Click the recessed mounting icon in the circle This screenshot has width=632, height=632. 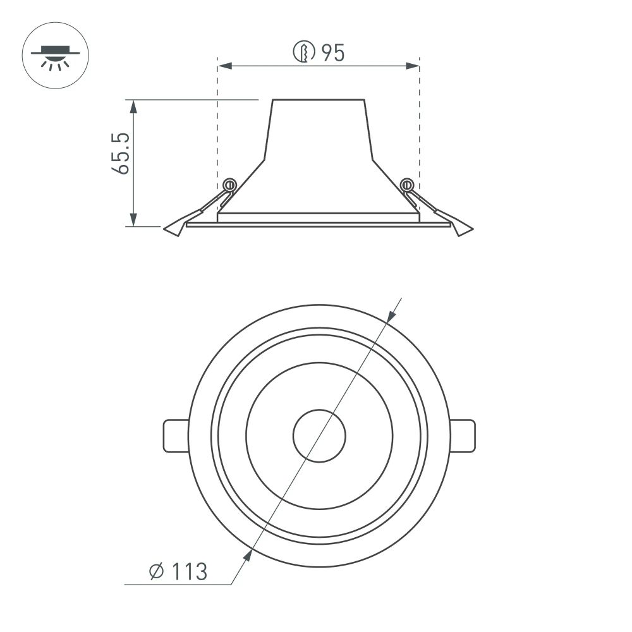[56, 56]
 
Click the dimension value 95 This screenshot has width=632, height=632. [332, 54]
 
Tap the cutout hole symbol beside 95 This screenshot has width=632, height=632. [304, 54]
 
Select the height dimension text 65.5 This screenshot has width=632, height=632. [121, 154]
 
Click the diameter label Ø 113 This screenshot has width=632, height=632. [178, 571]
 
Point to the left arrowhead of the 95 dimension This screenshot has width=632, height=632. [223, 66]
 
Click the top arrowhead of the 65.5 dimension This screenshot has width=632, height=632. [133, 105]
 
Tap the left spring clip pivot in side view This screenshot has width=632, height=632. [230, 185]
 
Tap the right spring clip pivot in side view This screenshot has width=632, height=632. [407, 185]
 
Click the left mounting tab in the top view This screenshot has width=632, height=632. [176, 435]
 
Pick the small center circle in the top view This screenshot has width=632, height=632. [319, 435]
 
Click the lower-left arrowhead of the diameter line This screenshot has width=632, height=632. [248, 556]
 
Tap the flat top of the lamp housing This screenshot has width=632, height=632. [319, 100]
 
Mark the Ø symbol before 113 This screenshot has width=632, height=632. [157, 571]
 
